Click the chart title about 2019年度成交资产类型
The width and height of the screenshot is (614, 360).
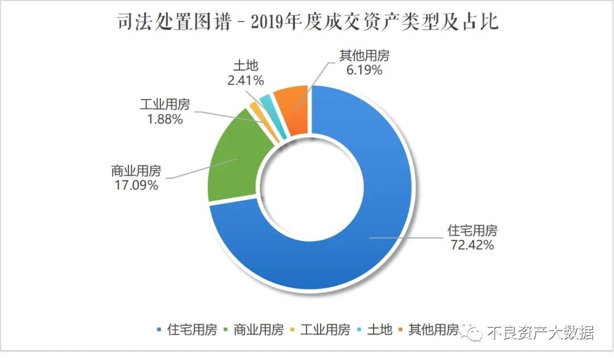click(307, 22)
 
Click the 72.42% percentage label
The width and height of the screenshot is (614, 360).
click(471, 246)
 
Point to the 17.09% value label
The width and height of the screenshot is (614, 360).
click(135, 185)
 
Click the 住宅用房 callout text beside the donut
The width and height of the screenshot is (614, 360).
click(472, 231)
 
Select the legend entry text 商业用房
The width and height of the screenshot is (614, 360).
click(258, 330)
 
